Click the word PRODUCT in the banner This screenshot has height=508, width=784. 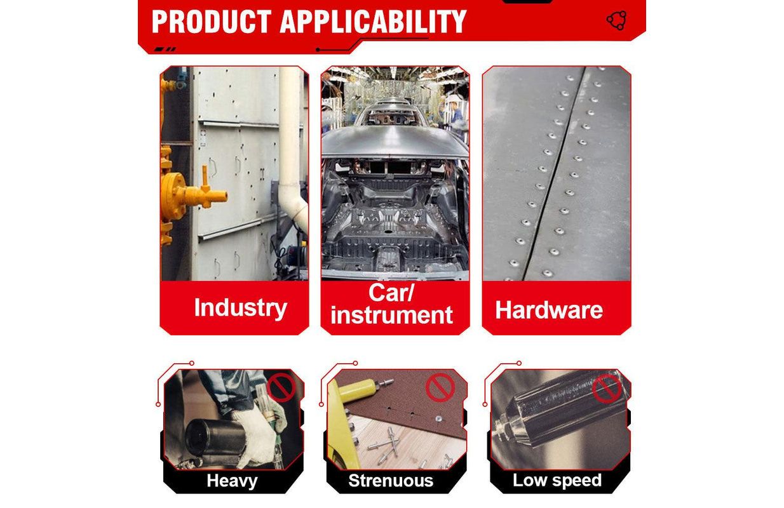pyautogui.click(x=212, y=22)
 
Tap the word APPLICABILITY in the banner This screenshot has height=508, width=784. pyautogui.click(x=373, y=22)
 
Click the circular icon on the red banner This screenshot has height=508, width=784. pyautogui.click(x=616, y=20)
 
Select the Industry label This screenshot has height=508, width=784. pyautogui.click(x=240, y=308)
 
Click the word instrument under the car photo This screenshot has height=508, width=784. pyautogui.click(x=391, y=315)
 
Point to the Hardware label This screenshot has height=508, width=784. pyautogui.click(x=549, y=310)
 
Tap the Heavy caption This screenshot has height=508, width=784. pyautogui.click(x=232, y=481)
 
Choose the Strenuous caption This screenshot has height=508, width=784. pyautogui.click(x=391, y=480)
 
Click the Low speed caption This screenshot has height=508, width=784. pyautogui.click(x=557, y=480)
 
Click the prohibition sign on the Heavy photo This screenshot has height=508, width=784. pyautogui.click(x=281, y=387)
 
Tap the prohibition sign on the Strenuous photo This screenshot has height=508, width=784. pyautogui.click(x=440, y=387)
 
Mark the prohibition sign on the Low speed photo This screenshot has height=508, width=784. pyautogui.click(x=607, y=389)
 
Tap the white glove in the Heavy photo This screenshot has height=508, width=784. pyautogui.click(x=255, y=438)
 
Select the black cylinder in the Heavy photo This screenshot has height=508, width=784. pyautogui.click(x=213, y=438)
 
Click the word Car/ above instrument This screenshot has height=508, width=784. pyautogui.click(x=391, y=293)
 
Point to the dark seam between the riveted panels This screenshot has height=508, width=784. pyautogui.click(x=554, y=173)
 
